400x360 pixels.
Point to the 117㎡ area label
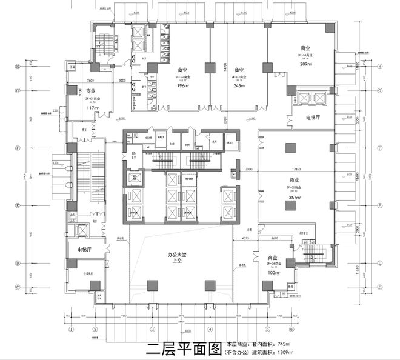[93, 108]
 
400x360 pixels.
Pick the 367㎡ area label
[294, 198]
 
